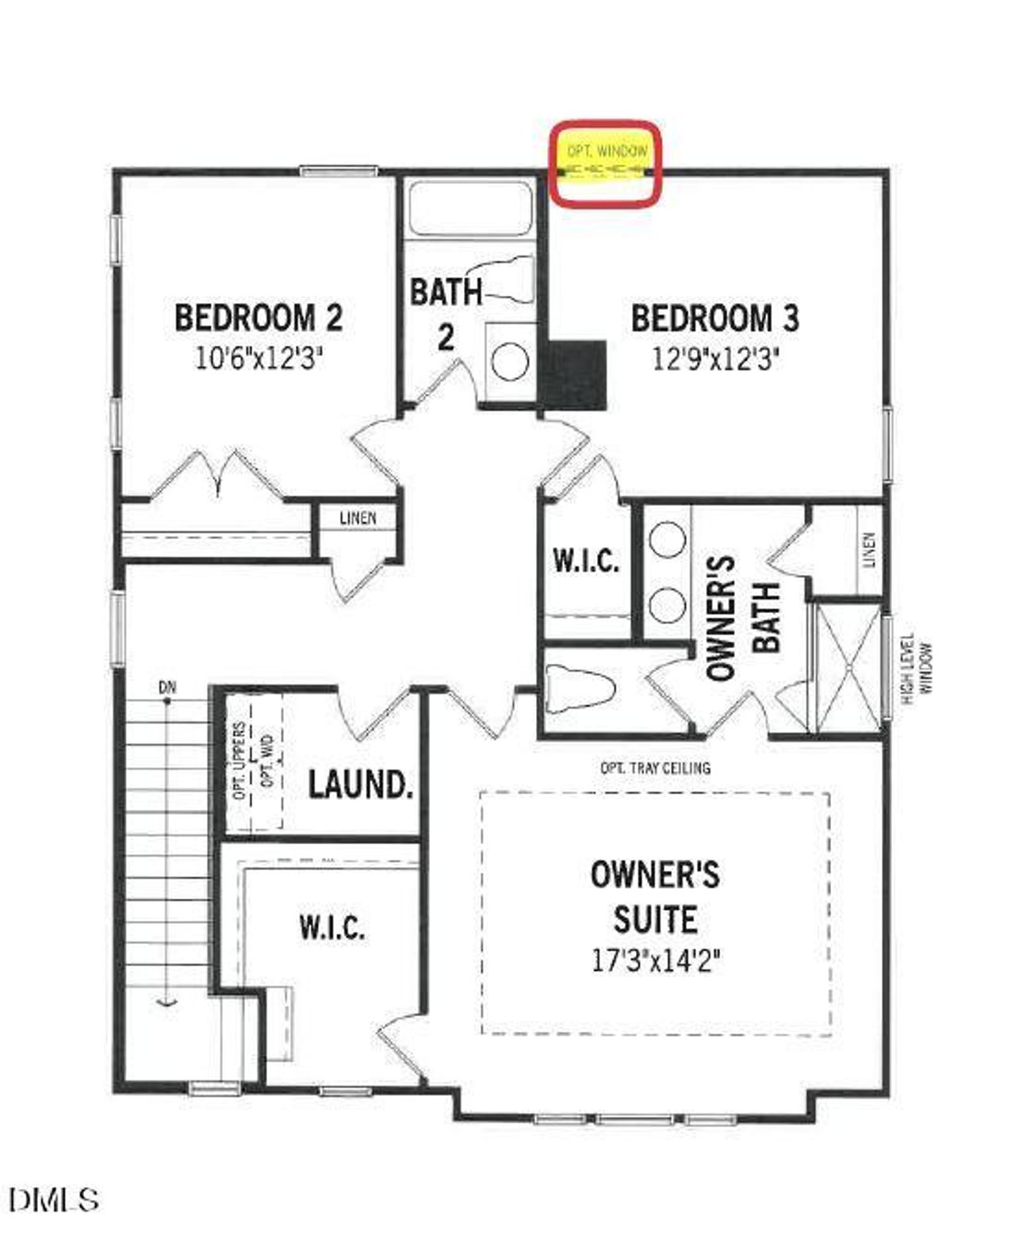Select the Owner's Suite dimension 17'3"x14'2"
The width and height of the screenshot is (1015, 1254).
pos(656,961)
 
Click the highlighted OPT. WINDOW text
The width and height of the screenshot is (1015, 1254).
pos(607,150)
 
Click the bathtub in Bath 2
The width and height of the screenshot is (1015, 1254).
pos(469,208)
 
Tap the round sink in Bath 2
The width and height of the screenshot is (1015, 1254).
pos(510,362)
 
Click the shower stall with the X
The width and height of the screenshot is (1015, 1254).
pos(848,668)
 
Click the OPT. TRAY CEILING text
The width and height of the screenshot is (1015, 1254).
pos(656,768)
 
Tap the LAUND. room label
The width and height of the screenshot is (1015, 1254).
pos(361,784)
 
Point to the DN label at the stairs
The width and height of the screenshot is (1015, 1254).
pos(167,688)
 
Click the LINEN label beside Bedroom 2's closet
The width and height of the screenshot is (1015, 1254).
pos(358,519)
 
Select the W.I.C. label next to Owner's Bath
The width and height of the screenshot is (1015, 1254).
pos(586,561)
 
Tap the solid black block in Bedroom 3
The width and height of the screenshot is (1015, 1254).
pos(573,375)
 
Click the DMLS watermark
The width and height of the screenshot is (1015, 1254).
pos(55,1200)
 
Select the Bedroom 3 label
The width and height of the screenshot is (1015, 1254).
pos(715,318)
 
